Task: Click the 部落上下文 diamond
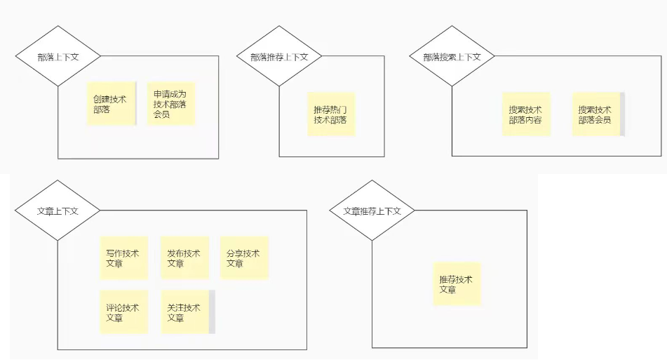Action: click(58, 56)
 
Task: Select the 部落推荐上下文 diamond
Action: click(279, 56)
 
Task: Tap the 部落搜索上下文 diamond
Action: click(452, 56)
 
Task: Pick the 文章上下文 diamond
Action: click(58, 211)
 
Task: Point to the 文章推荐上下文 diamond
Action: click(372, 211)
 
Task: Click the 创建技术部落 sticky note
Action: click(111, 105)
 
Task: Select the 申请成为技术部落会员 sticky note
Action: click(170, 104)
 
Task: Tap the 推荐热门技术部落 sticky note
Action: click(331, 114)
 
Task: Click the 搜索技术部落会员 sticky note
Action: click(595, 114)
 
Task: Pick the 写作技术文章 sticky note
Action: click(123, 258)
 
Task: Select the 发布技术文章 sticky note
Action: click(184, 258)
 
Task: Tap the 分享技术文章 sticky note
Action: click(244, 258)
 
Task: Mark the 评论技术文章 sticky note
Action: click(123, 312)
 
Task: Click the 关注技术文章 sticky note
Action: click(184, 312)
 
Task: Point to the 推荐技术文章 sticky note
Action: click(457, 284)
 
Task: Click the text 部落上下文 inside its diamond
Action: click(58, 57)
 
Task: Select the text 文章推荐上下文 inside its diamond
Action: click(372, 211)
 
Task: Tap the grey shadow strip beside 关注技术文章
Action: click(212, 312)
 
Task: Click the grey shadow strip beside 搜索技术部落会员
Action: click(622, 114)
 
